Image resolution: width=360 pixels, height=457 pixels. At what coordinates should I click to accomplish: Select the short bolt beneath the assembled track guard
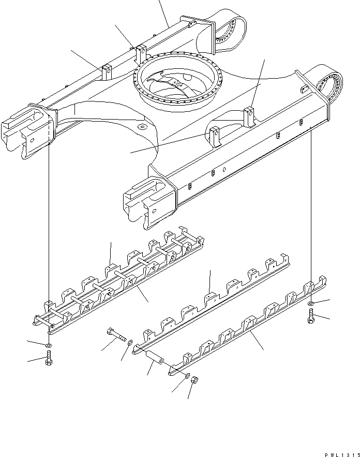[x=48, y=357]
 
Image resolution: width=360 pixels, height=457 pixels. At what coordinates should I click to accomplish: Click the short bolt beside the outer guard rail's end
[x=311, y=316]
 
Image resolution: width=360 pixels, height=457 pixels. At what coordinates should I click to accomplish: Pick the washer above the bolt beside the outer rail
[x=310, y=303]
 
